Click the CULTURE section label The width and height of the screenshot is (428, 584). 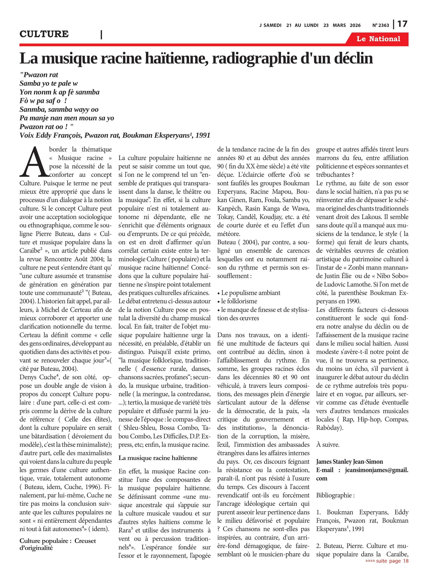(44, 34)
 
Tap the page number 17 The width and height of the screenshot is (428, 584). (402, 24)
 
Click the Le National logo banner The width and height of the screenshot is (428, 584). (378, 39)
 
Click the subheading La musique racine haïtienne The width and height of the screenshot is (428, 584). (158, 458)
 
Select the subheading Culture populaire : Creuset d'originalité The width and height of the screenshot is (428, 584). (58, 544)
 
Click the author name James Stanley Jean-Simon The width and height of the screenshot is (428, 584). (349, 462)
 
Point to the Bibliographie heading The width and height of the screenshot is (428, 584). (335, 495)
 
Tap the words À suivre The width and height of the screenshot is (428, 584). (328, 445)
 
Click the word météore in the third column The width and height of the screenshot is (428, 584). (229, 234)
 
